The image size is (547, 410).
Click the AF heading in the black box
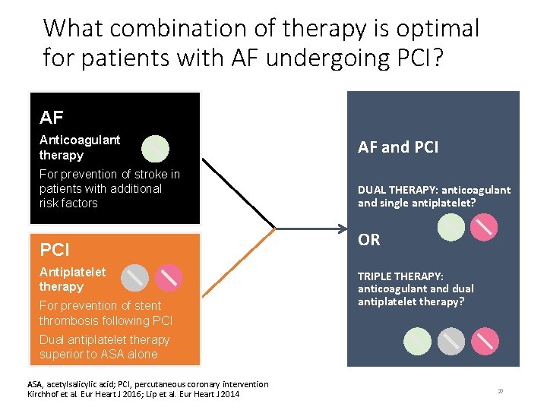(x=52, y=118)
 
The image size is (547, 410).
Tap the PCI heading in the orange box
(x=55, y=250)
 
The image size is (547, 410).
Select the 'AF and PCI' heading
(x=398, y=147)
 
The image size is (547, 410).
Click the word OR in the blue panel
(x=369, y=240)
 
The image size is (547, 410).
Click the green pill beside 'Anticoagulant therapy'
(x=155, y=149)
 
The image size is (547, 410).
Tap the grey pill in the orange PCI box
(x=135, y=278)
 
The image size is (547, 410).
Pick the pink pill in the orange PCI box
(x=169, y=278)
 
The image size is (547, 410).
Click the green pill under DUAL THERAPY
(x=451, y=226)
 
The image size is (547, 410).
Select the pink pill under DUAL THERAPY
(x=484, y=226)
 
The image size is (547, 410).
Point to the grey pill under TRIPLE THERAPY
(x=451, y=341)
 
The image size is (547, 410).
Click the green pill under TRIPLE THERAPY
(x=418, y=341)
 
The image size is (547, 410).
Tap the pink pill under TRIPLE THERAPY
(x=485, y=341)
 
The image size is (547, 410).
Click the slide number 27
(x=501, y=391)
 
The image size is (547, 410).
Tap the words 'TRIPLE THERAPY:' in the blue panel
(x=400, y=276)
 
